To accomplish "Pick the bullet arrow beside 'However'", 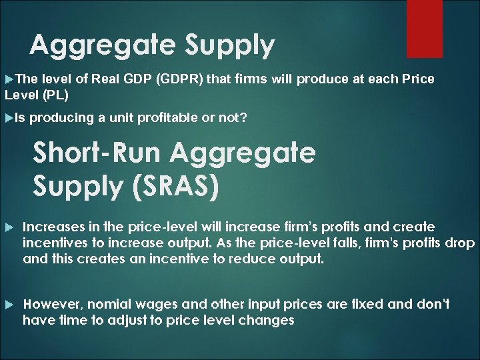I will pyautogui.click(x=9, y=305).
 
